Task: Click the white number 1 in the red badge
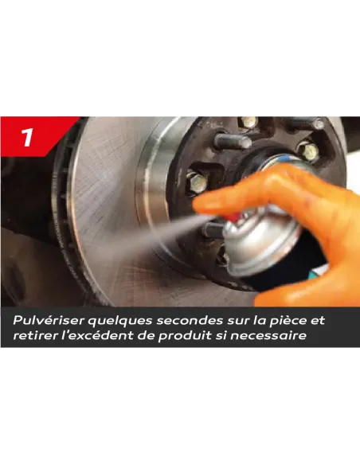pyautogui.click(x=27, y=137)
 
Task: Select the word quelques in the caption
pyautogui.click(x=119, y=321)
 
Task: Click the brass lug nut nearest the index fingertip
pyautogui.click(x=196, y=182)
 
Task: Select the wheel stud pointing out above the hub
pyautogui.click(x=233, y=142)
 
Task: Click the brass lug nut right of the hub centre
pyautogui.click(x=308, y=151)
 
